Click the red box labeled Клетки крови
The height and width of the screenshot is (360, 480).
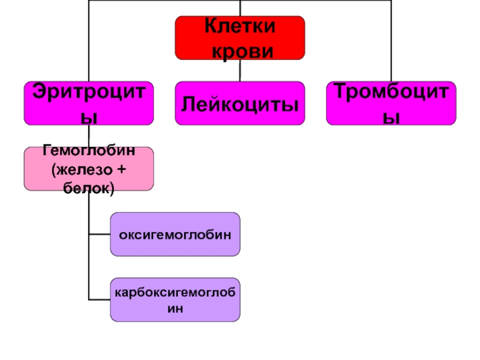pyautogui.click(x=239, y=38)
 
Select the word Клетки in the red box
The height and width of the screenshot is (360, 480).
pyautogui.click(x=239, y=26)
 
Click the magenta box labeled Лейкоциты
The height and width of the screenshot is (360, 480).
pyautogui.click(x=239, y=103)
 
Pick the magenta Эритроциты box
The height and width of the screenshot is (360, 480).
pyautogui.click(x=88, y=103)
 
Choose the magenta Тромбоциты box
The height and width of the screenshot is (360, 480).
pyautogui.click(x=391, y=103)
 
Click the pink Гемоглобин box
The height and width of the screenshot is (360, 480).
pyautogui.click(x=88, y=169)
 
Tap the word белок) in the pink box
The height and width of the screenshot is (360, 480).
pyautogui.click(x=88, y=188)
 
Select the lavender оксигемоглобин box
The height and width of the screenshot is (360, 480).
pyautogui.click(x=175, y=234)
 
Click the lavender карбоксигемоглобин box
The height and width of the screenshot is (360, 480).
pyautogui.click(x=175, y=299)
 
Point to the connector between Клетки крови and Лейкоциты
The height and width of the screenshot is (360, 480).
pyautogui.click(x=239, y=71)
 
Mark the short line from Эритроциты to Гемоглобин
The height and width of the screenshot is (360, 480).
pyautogui.click(x=88, y=136)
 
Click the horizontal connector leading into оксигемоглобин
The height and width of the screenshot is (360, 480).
pyautogui.click(x=99, y=234)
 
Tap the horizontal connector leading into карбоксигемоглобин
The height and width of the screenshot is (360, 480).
pyautogui.click(x=99, y=299)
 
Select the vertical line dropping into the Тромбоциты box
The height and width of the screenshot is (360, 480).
pyautogui.click(x=391, y=42)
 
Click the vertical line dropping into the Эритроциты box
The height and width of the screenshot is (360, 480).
pyautogui.click(x=88, y=42)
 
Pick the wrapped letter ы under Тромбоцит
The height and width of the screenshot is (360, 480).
pyautogui.click(x=391, y=117)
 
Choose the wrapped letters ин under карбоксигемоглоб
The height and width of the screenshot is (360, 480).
pyautogui.click(x=175, y=309)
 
